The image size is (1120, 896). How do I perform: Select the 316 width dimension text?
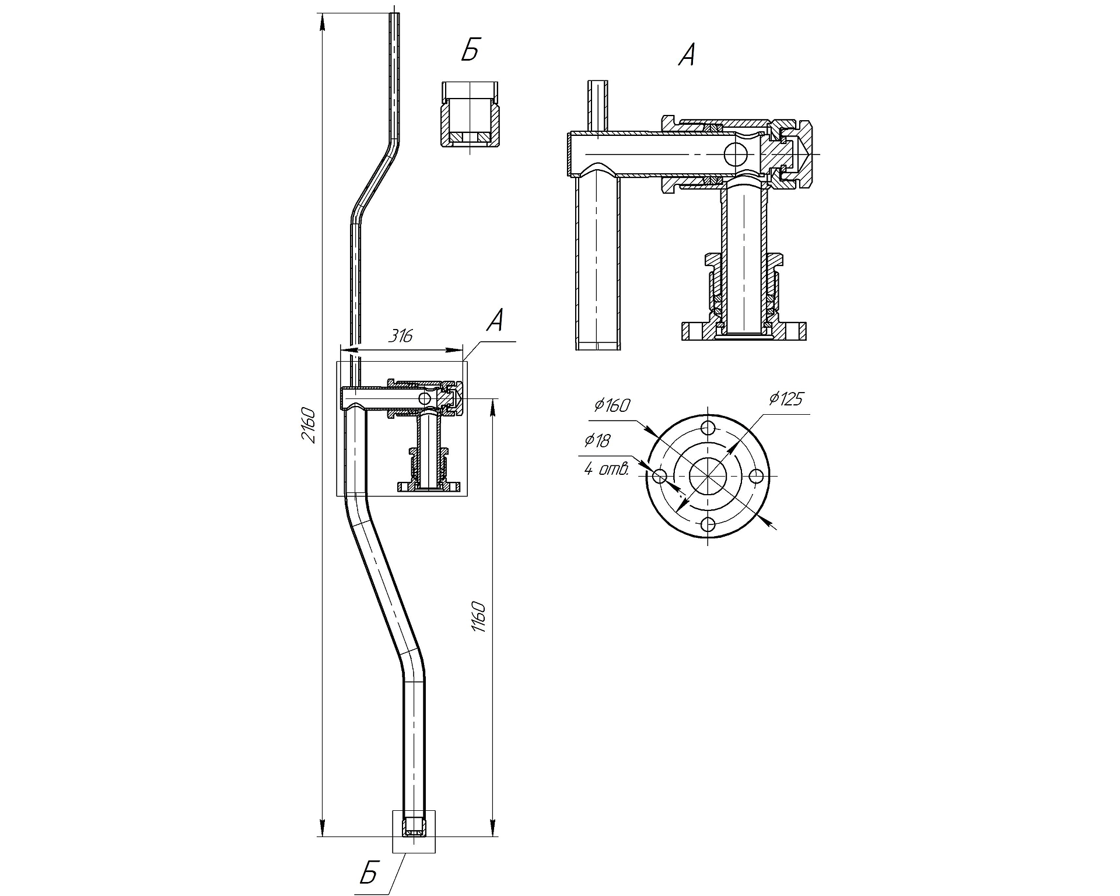[400, 336]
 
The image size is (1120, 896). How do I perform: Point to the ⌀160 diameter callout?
[612, 405]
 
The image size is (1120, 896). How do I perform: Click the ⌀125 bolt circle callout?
[786, 399]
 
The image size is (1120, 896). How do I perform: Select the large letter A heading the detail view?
[687, 55]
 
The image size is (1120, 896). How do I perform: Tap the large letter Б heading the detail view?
[470, 51]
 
